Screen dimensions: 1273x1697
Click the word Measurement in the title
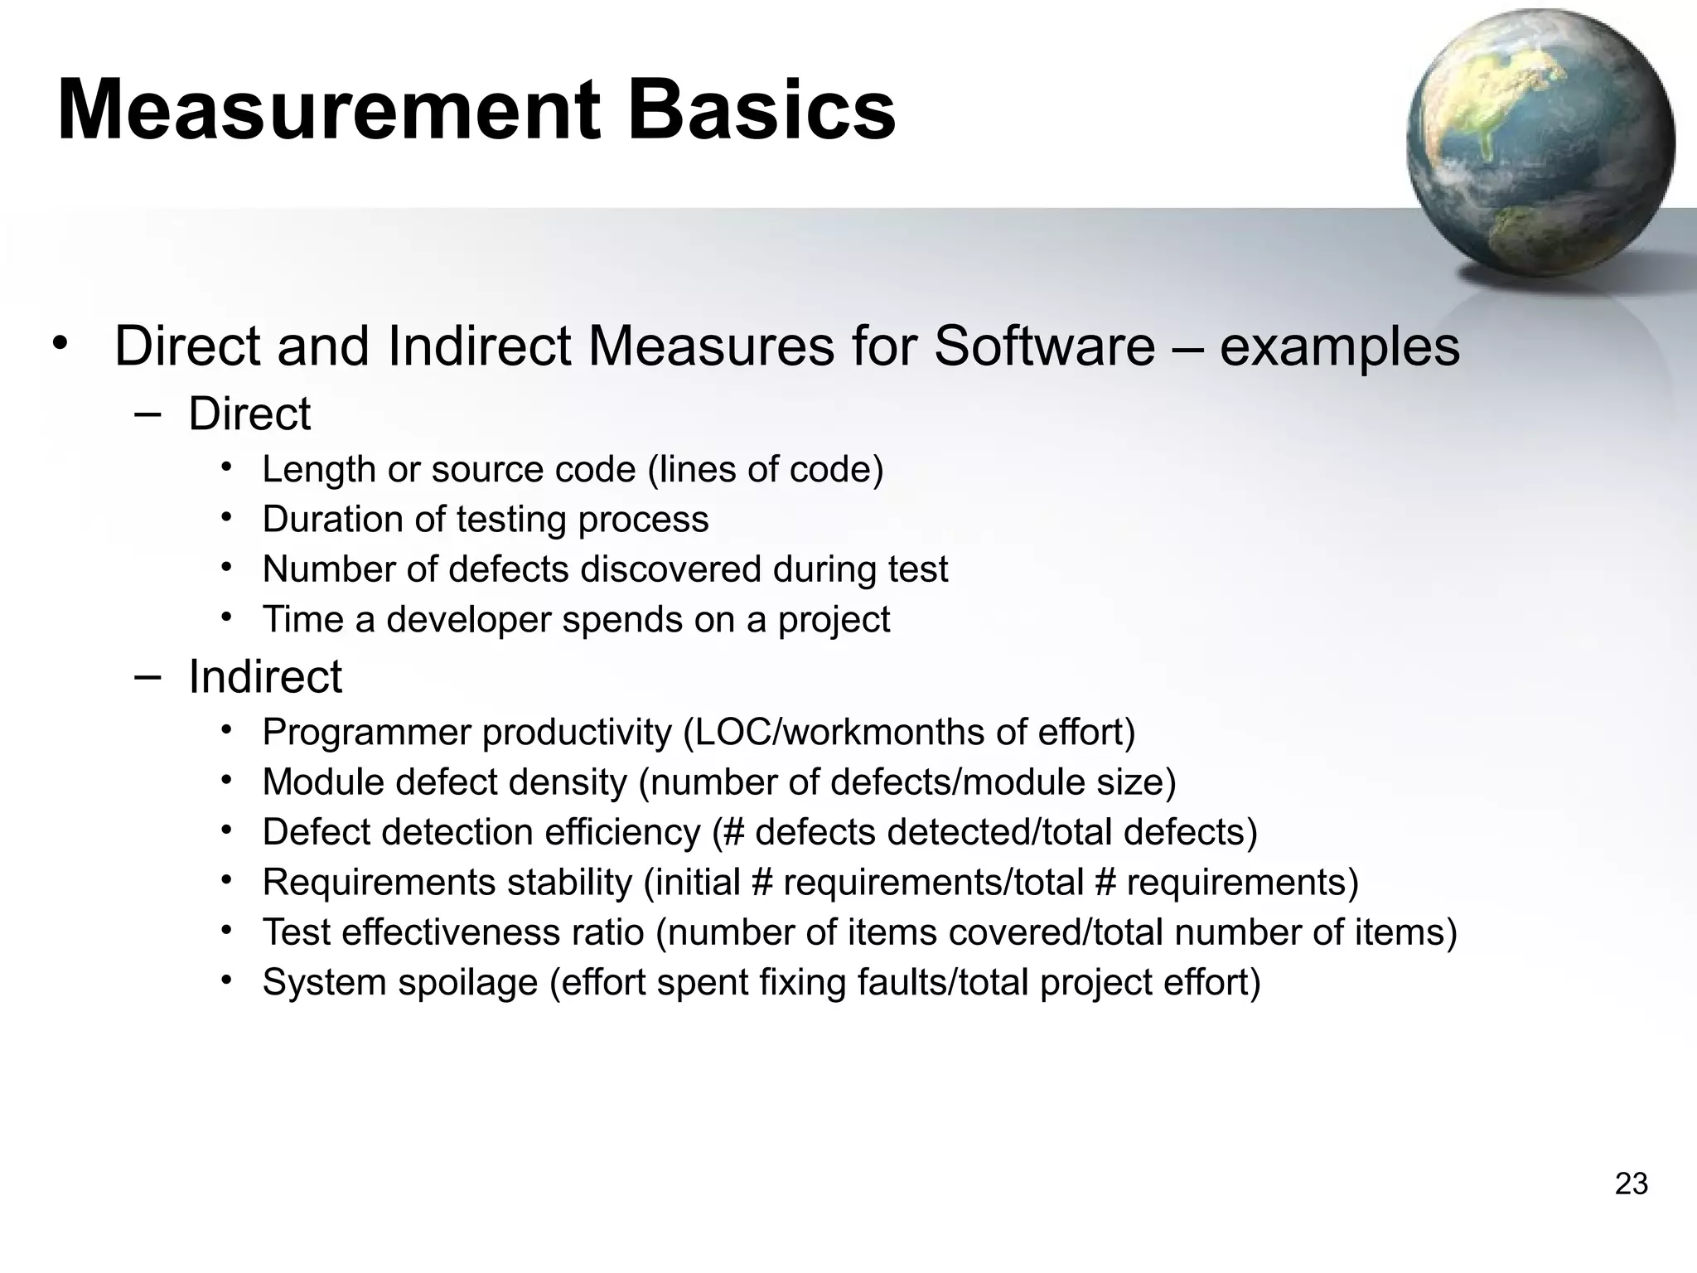click(x=327, y=110)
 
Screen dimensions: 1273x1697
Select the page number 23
click(x=1631, y=1184)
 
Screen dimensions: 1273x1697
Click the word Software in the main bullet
click(x=1044, y=346)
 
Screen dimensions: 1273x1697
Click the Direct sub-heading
click(x=249, y=414)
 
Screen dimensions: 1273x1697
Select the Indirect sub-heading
click(x=264, y=676)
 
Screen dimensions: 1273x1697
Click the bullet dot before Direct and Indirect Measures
click(x=57, y=343)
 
